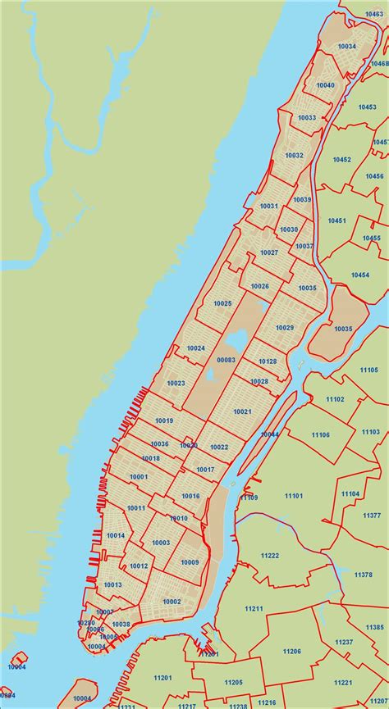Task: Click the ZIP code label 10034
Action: [346, 47]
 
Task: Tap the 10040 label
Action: [325, 85]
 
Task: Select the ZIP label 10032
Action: [294, 156]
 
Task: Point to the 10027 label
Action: [268, 252]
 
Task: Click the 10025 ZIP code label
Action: [222, 303]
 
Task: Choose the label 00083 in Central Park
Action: [226, 360]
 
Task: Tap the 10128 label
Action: [268, 361]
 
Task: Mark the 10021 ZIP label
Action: [242, 411]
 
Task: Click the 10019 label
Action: [164, 420]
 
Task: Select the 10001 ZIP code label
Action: [139, 476]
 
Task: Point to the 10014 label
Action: [116, 535]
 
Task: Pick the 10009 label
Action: [190, 561]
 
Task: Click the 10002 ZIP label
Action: [172, 601]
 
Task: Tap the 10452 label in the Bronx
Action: [341, 159]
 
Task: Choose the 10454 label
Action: [360, 275]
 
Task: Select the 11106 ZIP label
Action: [320, 434]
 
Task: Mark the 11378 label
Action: [363, 575]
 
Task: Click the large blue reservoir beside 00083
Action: [236, 340]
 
